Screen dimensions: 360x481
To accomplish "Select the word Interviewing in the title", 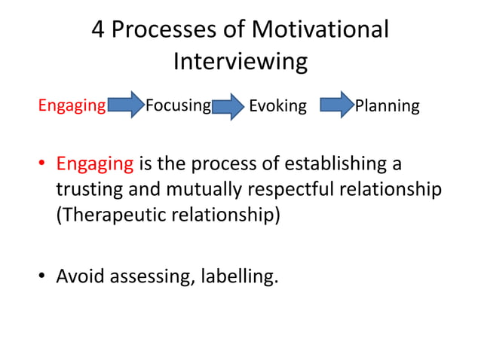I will (x=240, y=61).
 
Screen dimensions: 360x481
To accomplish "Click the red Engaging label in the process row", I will (x=72, y=105).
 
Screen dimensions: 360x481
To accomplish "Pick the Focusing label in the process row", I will (x=177, y=105).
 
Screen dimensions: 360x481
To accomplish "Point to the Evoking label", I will (x=277, y=106).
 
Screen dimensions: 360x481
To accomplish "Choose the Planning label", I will (x=387, y=106).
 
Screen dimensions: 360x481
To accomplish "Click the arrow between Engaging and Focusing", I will (x=125, y=105).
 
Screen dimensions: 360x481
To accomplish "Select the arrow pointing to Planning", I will (x=336, y=105).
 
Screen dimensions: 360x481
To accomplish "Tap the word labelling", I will (x=240, y=276).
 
